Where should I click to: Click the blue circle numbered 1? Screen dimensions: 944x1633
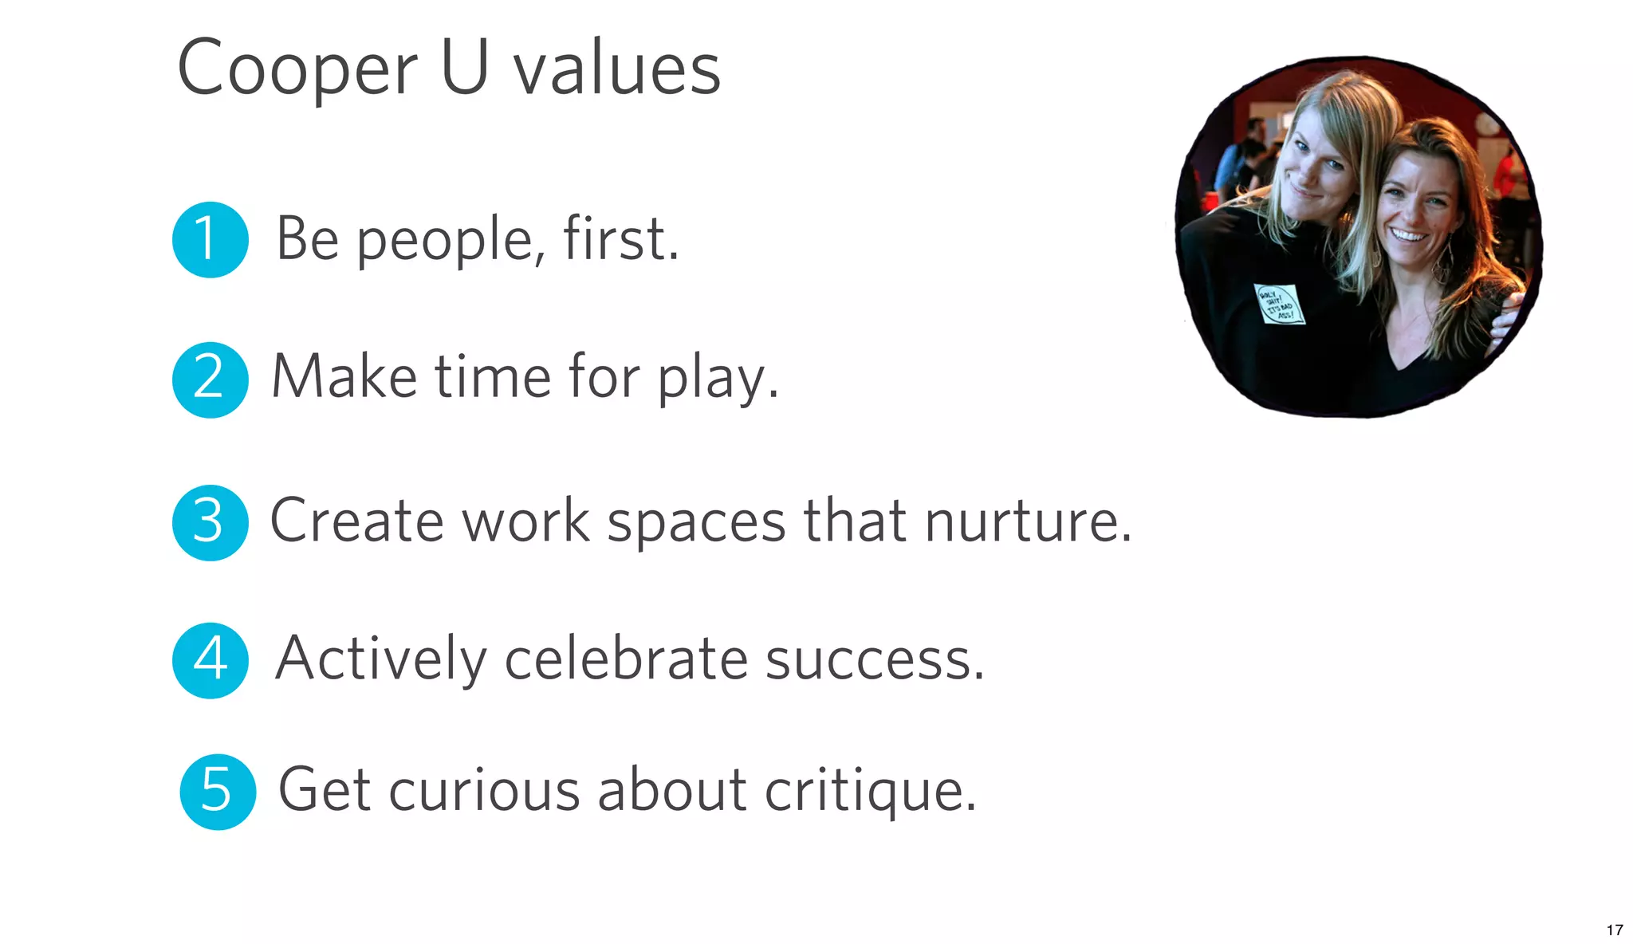point(210,239)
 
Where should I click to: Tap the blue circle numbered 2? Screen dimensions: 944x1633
point(210,380)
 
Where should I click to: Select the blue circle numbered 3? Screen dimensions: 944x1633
point(210,522)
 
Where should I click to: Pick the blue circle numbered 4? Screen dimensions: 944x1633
point(210,660)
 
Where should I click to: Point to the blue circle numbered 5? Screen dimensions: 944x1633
point(217,792)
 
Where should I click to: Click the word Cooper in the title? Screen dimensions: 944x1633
point(297,70)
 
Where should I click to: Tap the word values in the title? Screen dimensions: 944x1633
point(616,70)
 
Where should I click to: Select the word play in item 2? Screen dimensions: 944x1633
point(717,378)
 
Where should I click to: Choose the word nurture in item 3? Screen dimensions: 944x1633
point(1028,521)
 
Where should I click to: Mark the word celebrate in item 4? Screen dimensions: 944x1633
point(626,659)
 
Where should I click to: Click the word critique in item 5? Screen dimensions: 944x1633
point(870,791)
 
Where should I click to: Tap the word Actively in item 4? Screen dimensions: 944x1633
point(380,659)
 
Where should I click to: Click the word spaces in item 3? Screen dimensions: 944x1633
point(696,522)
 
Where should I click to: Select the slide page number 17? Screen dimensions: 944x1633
point(1615,930)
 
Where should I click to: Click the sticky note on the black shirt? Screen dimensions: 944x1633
point(1278,305)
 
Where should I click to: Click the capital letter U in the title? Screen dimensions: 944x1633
point(464,67)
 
